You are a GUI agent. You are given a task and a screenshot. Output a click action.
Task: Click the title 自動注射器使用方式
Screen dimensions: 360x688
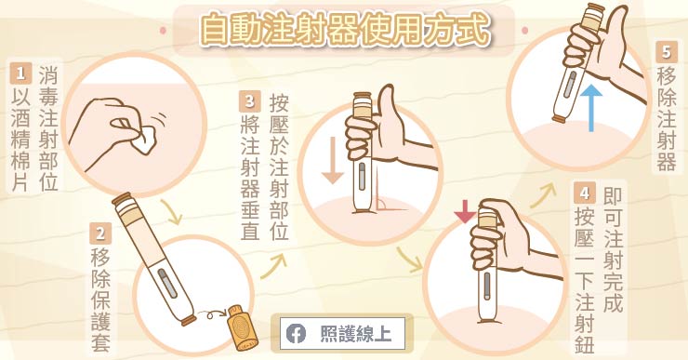click(x=344, y=31)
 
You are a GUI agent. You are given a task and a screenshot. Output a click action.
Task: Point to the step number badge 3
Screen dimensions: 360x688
click(x=249, y=100)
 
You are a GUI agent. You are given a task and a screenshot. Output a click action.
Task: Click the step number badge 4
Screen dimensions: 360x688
click(x=583, y=194)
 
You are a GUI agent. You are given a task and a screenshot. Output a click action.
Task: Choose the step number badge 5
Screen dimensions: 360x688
click(x=665, y=52)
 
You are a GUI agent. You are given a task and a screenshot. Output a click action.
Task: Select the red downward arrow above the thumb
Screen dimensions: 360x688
click(x=464, y=213)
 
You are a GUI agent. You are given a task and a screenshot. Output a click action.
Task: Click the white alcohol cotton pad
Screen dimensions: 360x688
click(x=144, y=140)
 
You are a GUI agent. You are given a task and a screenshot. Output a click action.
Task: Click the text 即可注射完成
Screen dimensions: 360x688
click(x=611, y=247)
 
